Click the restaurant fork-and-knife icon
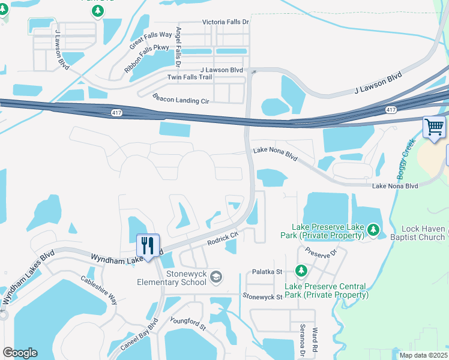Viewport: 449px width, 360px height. [148, 245]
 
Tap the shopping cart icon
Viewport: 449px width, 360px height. [435, 127]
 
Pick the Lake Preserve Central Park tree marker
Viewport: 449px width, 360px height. [301, 272]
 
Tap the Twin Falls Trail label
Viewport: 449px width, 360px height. [189, 77]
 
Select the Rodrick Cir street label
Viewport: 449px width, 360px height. [223, 238]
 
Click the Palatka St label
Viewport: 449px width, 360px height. [267, 272]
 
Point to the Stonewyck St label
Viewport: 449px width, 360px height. [262, 296]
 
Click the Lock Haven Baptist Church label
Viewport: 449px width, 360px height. [423, 233]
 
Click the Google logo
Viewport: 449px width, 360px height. [20, 353]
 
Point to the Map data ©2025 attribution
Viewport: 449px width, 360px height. [423, 355]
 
